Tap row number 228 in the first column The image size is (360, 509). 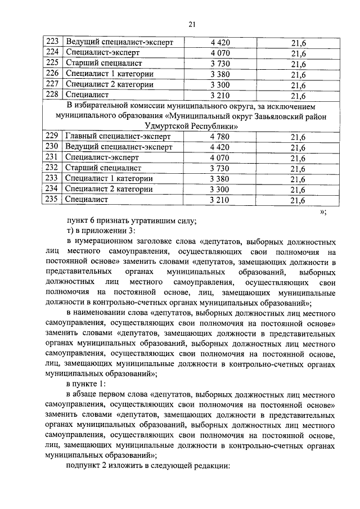(x=52, y=95)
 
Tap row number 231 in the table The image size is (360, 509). (x=52, y=158)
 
